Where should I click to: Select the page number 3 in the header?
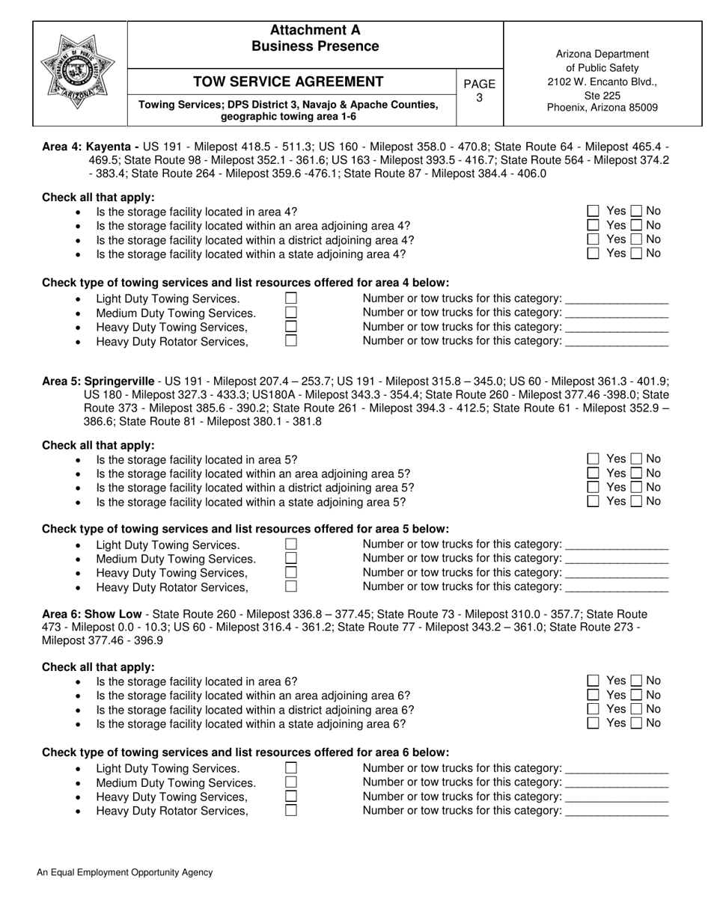(480, 97)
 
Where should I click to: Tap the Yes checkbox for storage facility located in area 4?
(593, 212)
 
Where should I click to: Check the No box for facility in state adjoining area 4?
(637, 254)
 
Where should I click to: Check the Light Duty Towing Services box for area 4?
(291, 298)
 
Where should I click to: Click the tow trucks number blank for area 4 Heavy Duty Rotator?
(617, 342)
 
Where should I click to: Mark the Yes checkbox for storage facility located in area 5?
(593, 459)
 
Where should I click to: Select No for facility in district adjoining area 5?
(637, 488)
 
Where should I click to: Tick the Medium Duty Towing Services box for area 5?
(291, 559)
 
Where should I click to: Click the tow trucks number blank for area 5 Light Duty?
(617, 545)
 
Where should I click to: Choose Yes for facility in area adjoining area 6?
(593, 696)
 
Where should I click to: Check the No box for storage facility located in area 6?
(637, 681)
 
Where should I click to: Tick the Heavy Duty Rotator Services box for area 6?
(291, 810)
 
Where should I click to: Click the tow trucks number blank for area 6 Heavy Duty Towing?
(617, 797)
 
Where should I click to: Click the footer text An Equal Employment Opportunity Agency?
(124, 872)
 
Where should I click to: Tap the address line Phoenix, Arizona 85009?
(602, 108)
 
